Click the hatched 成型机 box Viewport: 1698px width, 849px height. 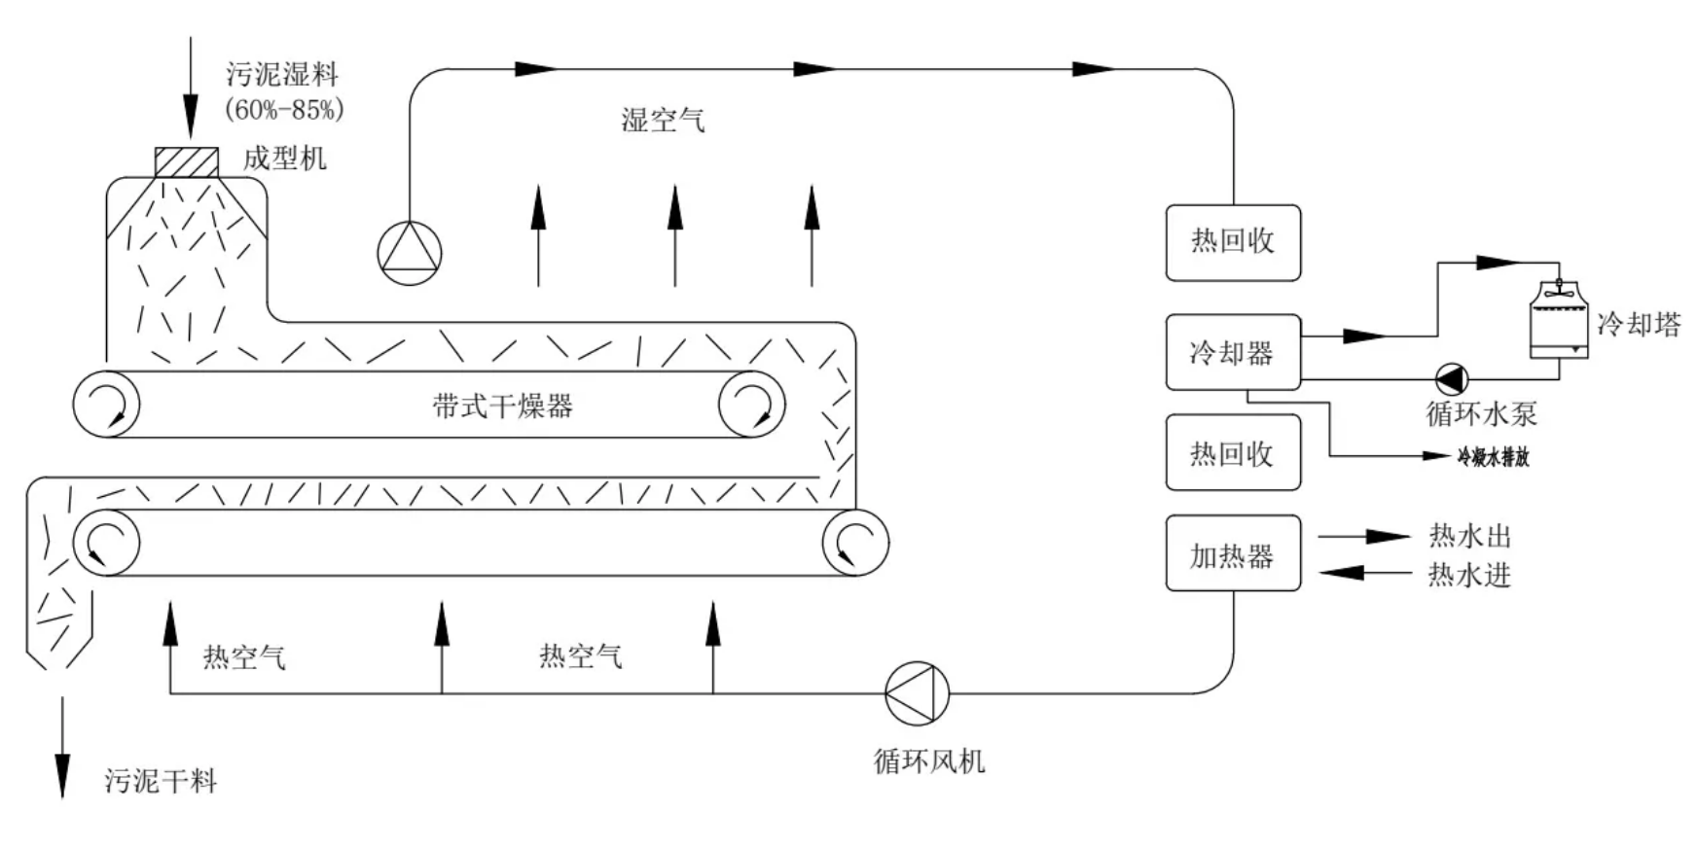(x=187, y=161)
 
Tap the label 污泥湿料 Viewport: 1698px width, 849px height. (x=282, y=74)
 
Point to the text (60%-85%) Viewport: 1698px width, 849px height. (x=284, y=110)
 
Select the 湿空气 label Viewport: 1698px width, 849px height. (x=663, y=121)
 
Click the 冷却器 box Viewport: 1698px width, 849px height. (x=1233, y=352)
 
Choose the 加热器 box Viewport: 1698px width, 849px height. (x=1233, y=554)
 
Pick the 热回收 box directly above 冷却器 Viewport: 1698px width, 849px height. (x=1233, y=242)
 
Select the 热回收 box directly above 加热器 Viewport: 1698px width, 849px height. (x=1233, y=453)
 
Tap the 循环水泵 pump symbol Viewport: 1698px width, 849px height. (x=1452, y=379)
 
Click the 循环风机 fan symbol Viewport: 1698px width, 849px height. (x=917, y=693)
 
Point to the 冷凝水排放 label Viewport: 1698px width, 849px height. (x=1493, y=456)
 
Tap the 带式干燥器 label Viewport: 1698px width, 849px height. (x=502, y=406)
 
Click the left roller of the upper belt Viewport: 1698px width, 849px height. (x=106, y=404)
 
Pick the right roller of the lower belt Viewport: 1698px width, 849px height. (x=855, y=543)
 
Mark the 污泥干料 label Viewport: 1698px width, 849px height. (x=161, y=781)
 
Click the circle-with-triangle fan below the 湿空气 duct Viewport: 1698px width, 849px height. (x=410, y=253)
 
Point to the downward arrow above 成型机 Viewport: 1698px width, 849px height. (x=191, y=88)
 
